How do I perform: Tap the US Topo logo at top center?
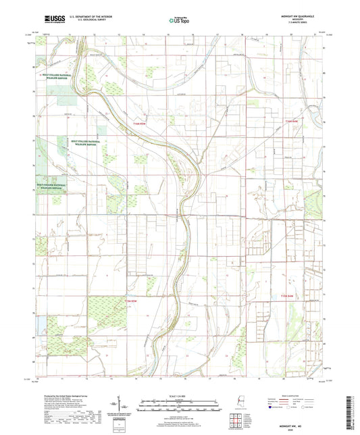(179, 21)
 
